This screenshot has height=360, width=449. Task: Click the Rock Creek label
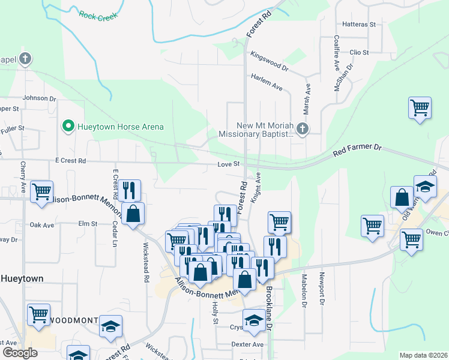point(97,14)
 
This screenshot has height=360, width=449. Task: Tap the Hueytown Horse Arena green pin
point(68,127)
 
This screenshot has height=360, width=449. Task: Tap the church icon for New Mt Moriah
point(304,128)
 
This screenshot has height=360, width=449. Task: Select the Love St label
point(229,164)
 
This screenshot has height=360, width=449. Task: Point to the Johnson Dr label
point(39,98)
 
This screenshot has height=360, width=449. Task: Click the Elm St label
point(88,224)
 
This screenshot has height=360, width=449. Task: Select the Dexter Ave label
point(248,344)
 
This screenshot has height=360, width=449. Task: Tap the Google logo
point(19,353)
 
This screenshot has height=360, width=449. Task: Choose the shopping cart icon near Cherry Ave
point(41,192)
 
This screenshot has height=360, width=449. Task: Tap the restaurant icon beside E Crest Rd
point(130,190)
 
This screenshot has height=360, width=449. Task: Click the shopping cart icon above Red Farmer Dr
point(420,109)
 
